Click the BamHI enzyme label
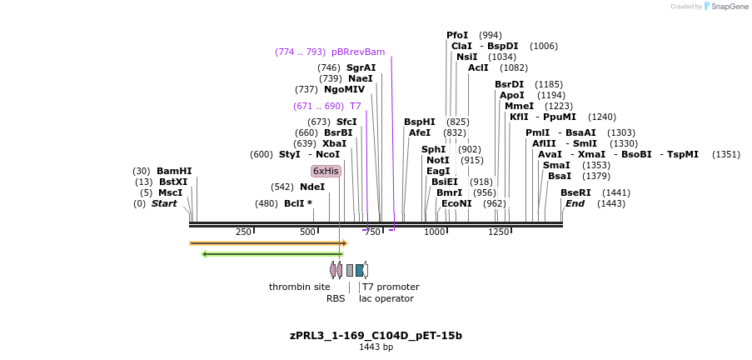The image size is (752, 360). pyautogui.click(x=173, y=171)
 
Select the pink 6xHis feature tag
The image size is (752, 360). pyautogui.click(x=326, y=171)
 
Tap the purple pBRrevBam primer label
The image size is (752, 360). pyautogui.click(x=358, y=52)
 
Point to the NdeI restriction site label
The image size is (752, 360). pyautogui.click(x=312, y=187)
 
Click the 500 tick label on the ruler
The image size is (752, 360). pyautogui.click(x=307, y=232)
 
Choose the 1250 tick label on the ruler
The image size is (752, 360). pyautogui.click(x=498, y=232)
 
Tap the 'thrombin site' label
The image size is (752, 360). pyautogui.click(x=299, y=287)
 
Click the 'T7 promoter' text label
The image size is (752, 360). pyautogui.click(x=391, y=287)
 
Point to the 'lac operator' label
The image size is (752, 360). pyautogui.click(x=386, y=298)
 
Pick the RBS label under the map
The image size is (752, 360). pyautogui.click(x=336, y=298)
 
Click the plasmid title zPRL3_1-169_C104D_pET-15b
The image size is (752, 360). pyautogui.click(x=376, y=336)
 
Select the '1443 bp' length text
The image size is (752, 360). pyautogui.click(x=376, y=347)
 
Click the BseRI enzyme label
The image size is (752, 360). pyautogui.click(x=575, y=192)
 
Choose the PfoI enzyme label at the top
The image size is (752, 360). pyautogui.click(x=457, y=35)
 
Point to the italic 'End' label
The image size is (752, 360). pyautogui.click(x=575, y=203)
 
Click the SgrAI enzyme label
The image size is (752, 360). pyautogui.click(x=361, y=67)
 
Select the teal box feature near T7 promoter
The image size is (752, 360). pyautogui.click(x=360, y=270)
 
